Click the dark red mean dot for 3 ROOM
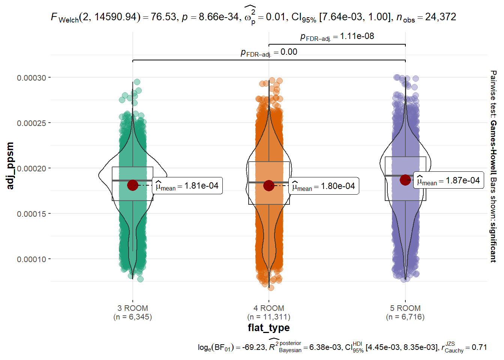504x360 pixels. tap(132, 185)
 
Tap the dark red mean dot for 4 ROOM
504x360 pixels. tap(268, 185)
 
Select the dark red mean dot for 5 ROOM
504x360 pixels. tap(405, 180)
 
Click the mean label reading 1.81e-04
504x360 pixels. tap(187, 186)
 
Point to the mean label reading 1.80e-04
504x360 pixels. tap(324, 186)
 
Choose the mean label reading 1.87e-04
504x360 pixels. tap(448, 181)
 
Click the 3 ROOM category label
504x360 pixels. tap(133, 308)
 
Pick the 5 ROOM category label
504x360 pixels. tap(405, 308)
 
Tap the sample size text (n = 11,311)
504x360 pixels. tap(269, 317)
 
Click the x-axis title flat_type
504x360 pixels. tap(269, 328)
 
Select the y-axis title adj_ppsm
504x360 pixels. tap(10, 166)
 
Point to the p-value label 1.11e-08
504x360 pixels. tap(357, 36)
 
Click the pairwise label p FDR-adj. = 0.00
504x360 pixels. tap(269, 52)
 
